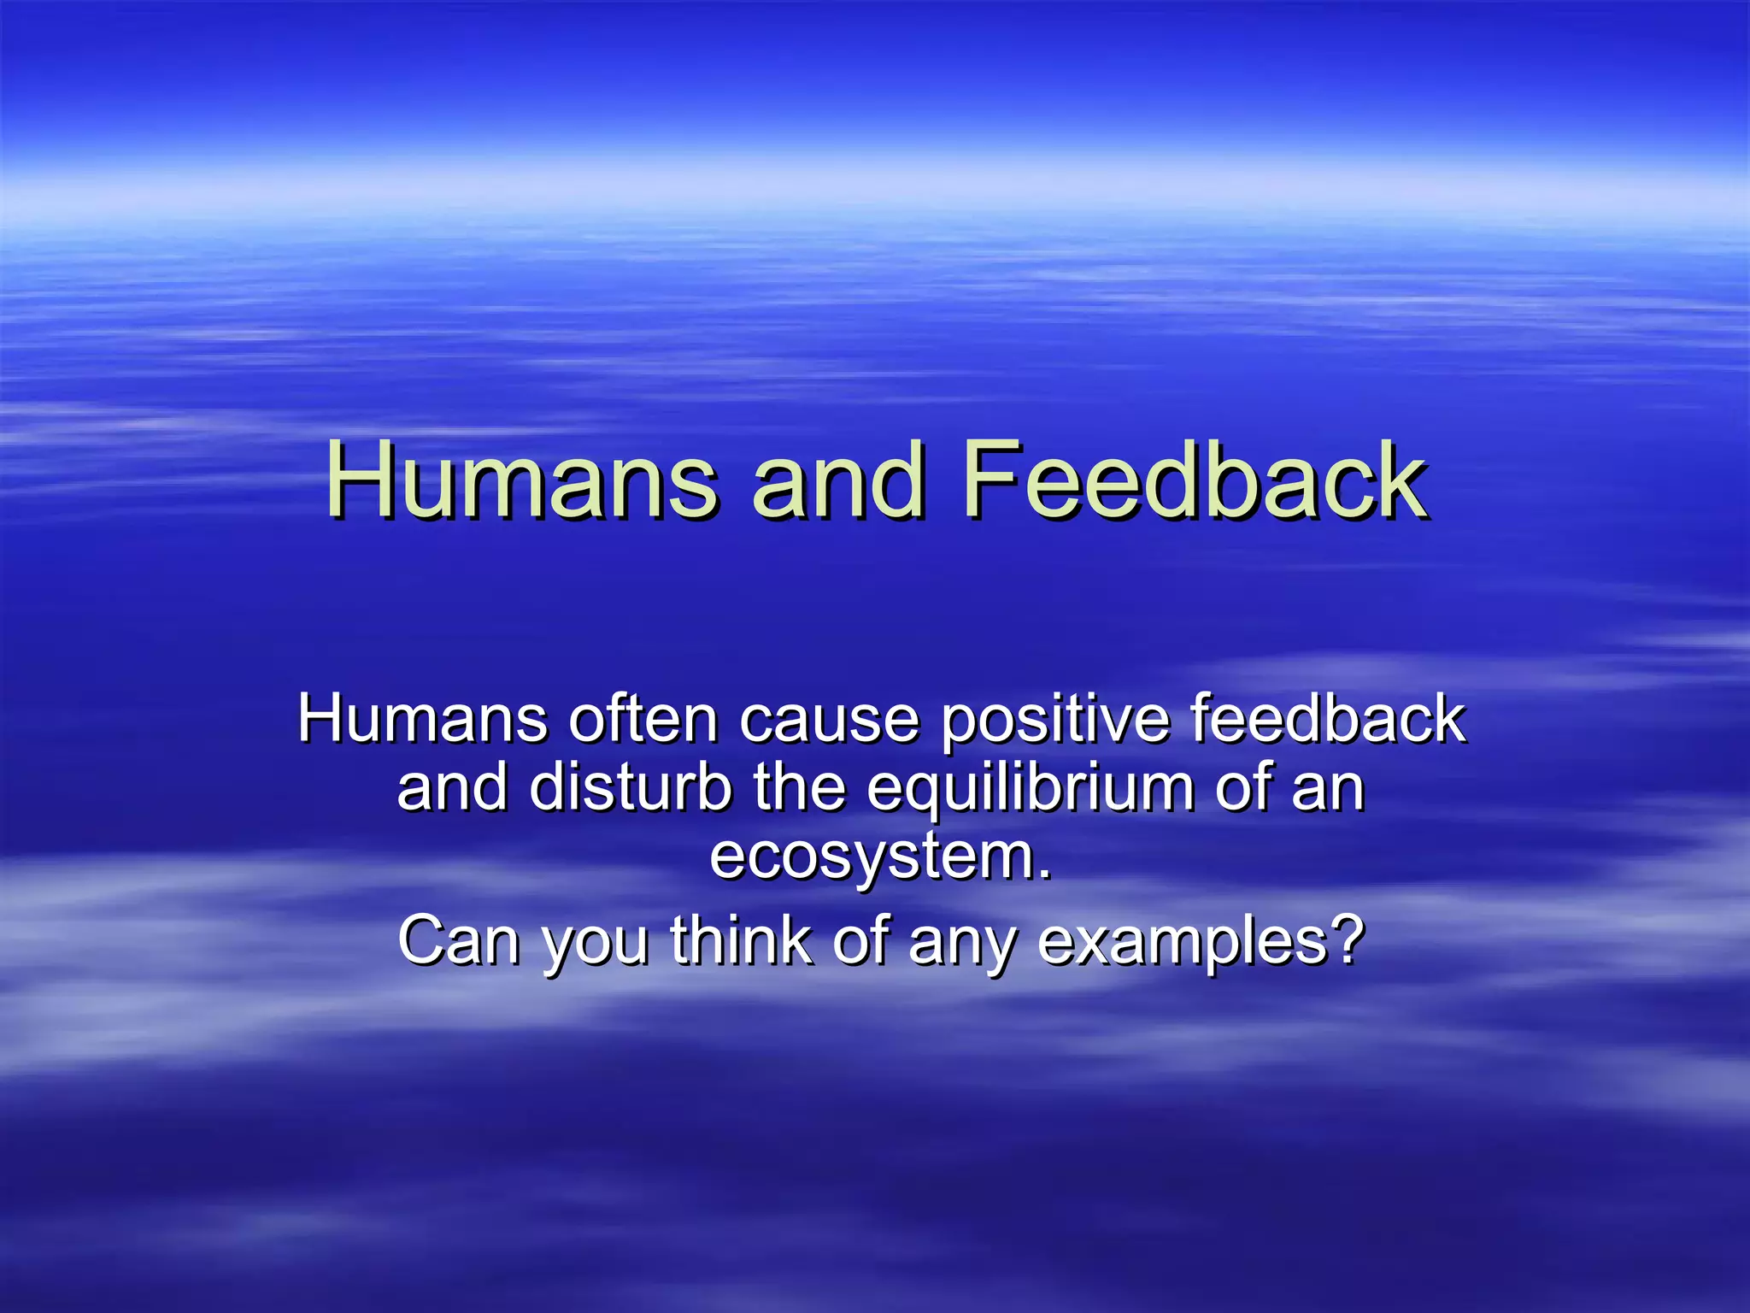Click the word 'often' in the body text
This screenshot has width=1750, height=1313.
[x=643, y=719]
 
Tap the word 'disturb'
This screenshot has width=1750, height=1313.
[x=630, y=787]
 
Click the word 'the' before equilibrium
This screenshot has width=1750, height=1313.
[x=799, y=787]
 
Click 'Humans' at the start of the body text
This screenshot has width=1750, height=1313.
[x=423, y=719]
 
